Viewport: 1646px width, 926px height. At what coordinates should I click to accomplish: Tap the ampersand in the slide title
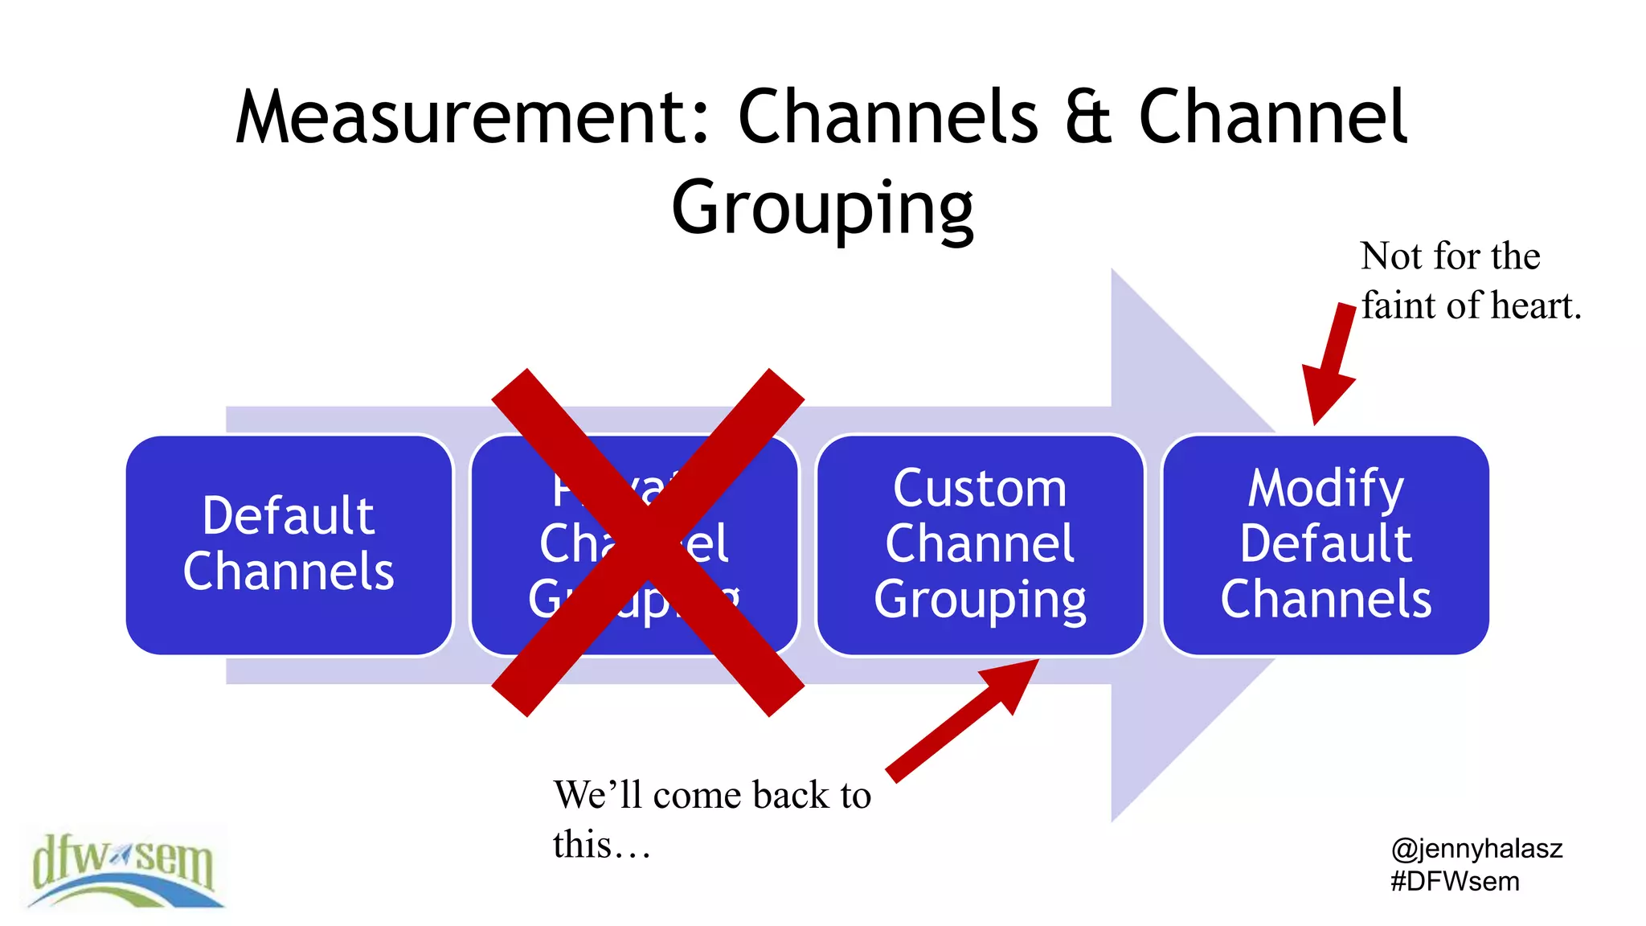coord(1088,118)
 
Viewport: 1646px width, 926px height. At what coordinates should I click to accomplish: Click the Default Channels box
coord(289,544)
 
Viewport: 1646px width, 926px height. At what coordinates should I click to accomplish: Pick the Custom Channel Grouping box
coord(980,544)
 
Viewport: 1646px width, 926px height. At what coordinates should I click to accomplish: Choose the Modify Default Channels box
coord(1325,544)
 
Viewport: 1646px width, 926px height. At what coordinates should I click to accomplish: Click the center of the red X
coord(648,543)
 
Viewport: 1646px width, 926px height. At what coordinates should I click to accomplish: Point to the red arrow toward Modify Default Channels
coord(1330,362)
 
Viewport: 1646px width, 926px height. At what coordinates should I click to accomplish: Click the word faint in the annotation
coord(1398,306)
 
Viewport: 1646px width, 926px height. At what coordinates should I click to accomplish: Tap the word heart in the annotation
coord(1535,306)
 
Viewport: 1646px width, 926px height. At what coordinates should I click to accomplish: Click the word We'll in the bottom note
coord(598,795)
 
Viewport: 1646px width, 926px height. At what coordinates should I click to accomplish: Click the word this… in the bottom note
coord(601,845)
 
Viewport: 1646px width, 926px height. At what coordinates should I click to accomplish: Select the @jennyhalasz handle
coord(1476,848)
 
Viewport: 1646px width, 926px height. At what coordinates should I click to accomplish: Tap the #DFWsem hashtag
coord(1455,882)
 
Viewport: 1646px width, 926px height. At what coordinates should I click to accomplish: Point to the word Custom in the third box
coord(980,489)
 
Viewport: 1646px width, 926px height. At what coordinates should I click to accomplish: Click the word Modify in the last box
coord(1325,489)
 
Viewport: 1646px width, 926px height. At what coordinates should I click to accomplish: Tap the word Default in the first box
coord(288,516)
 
